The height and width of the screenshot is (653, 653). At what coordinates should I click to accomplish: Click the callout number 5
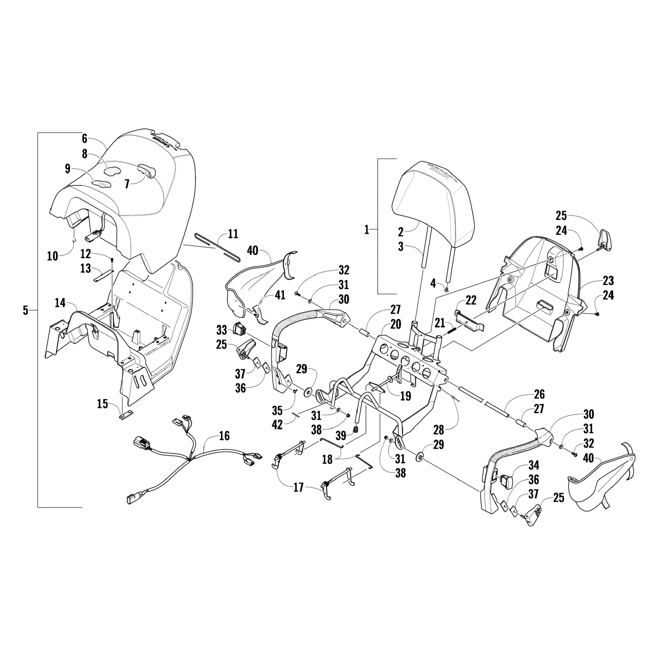click(x=25, y=310)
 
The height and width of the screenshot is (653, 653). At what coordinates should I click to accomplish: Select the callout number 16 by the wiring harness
click(x=224, y=436)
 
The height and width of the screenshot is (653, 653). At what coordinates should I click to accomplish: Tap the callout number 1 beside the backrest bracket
click(x=367, y=229)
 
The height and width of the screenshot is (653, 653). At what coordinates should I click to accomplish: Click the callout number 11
click(x=233, y=234)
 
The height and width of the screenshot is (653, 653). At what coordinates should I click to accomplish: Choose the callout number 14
click(x=61, y=302)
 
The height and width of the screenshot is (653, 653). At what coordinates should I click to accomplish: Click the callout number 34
click(x=533, y=465)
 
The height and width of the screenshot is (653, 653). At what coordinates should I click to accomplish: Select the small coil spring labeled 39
click(x=356, y=431)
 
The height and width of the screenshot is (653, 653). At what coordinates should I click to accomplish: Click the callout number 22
click(x=471, y=300)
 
